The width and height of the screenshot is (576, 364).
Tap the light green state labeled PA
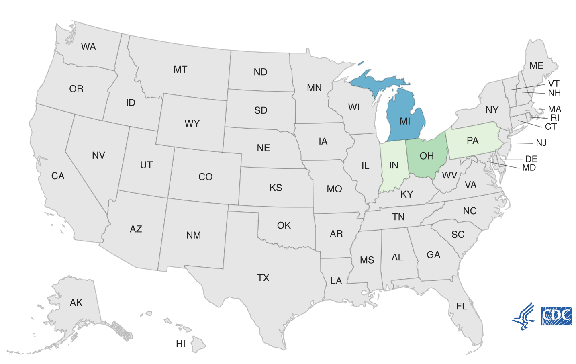pyautogui.click(x=473, y=141)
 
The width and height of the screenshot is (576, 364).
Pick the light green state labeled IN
pyautogui.click(x=394, y=165)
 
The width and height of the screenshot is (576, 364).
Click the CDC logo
pyautogui.click(x=556, y=316)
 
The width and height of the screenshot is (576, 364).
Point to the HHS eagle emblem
pyautogui.click(x=524, y=317)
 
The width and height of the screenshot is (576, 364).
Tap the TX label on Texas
pyautogui.click(x=263, y=278)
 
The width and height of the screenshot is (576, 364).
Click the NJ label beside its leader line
pyautogui.click(x=541, y=143)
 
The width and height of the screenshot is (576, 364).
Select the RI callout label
pyautogui.click(x=555, y=118)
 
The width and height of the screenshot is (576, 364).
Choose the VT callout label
pyautogui.click(x=554, y=84)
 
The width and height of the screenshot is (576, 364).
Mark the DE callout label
pyautogui.click(x=531, y=159)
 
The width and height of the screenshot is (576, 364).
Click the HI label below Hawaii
pyautogui.click(x=181, y=344)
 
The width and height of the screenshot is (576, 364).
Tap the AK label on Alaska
pyautogui.click(x=76, y=303)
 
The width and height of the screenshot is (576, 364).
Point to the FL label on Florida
pyautogui.click(x=462, y=306)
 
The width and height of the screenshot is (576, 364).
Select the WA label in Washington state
pyautogui.click(x=88, y=47)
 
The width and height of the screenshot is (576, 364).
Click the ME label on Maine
pyautogui.click(x=536, y=65)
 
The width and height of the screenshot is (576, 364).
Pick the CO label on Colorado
pyautogui.click(x=205, y=177)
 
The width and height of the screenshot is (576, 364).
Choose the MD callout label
pyautogui.click(x=529, y=168)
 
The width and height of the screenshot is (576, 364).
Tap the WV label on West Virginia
pyautogui.click(x=449, y=175)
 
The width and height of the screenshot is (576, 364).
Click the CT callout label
pyautogui.click(x=551, y=127)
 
